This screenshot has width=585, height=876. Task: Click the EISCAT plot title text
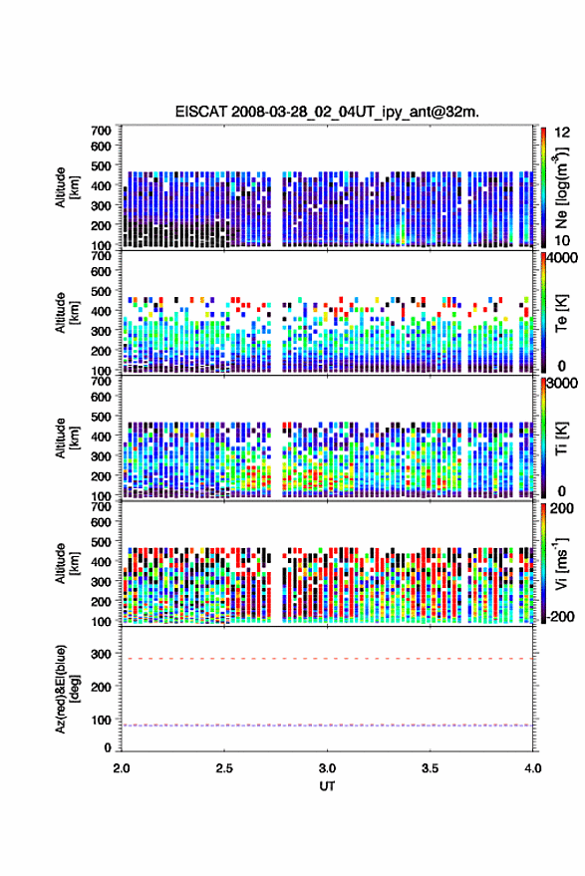(x=327, y=112)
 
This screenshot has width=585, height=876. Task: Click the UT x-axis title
(x=327, y=786)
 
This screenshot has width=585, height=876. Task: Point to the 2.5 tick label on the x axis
(x=224, y=768)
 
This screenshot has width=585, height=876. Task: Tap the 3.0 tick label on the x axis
(x=327, y=768)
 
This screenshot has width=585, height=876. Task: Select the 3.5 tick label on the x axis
(x=430, y=768)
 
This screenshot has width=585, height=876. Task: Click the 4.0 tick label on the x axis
(x=532, y=768)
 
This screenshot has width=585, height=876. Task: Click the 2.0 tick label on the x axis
(x=122, y=768)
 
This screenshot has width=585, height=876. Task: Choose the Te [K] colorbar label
(x=561, y=313)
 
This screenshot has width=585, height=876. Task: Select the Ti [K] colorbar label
(x=561, y=438)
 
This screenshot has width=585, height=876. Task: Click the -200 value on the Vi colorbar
(x=560, y=616)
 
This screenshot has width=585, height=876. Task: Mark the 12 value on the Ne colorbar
(x=562, y=133)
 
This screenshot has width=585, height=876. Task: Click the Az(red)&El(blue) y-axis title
(x=67, y=689)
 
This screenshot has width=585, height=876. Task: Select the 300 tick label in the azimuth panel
(x=101, y=654)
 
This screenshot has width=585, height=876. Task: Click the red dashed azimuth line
(x=327, y=659)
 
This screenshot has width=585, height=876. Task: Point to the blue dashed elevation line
(x=327, y=726)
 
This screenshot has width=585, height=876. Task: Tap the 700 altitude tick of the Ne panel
(x=101, y=131)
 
